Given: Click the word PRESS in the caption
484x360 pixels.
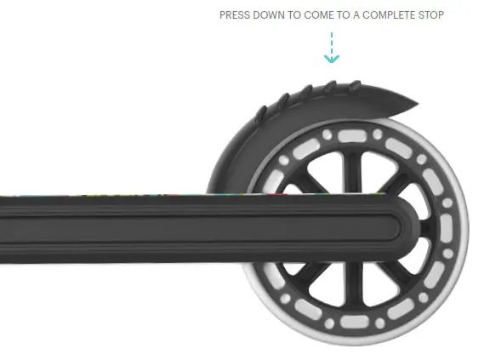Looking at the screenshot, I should (x=235, y=15).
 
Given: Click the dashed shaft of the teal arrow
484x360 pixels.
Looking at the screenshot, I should (x=332, y=43).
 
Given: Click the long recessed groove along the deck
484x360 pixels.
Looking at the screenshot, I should (x=213, y=228).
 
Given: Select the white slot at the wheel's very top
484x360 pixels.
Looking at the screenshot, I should (x=350, y=135).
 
